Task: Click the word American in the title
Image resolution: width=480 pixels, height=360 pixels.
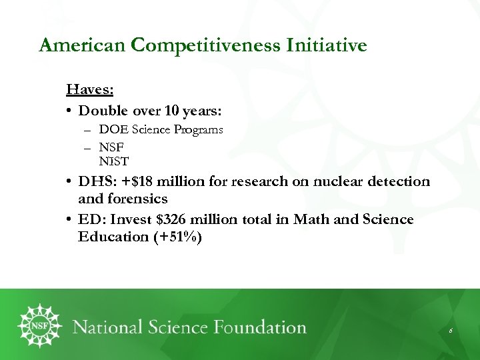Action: pyautogui.click(x=83, y=45)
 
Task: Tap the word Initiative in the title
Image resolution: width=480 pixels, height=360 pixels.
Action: pyautogui.click(x=327, y=45)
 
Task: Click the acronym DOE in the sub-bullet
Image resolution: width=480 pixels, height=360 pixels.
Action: pyautogui.click(x=110, y=129)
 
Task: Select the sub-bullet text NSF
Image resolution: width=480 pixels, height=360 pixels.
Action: pyautogui.click(x=111, y=146)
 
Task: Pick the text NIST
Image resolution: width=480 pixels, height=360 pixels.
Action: pyautogui.click(x=114, y=161)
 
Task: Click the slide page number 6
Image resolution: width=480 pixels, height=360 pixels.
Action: pyautogui.click(x=451, y=331)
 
